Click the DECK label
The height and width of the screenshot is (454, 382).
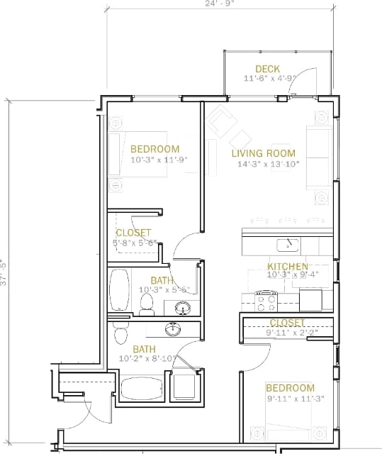point(267,69)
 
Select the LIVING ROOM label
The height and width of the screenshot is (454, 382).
point(263,153)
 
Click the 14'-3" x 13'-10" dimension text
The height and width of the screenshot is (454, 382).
point(268,165)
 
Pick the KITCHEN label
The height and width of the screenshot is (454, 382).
point(287,267)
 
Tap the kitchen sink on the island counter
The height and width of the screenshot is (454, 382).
point(287,245)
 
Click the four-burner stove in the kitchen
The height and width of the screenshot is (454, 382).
point(266,303)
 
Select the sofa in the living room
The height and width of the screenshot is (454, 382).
point(318,157)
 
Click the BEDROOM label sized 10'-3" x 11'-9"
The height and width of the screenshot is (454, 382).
point(155,149)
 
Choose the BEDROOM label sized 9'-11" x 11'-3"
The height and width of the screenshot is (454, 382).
point(290,388)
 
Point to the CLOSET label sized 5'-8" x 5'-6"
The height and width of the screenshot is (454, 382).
point(133,233)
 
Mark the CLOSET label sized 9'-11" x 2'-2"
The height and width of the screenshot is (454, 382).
point(287,323)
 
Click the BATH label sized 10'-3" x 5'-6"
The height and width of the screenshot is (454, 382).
point(162,281)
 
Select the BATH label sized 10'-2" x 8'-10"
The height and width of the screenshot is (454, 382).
point(145,349)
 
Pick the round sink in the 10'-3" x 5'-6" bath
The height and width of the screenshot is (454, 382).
point(183,309)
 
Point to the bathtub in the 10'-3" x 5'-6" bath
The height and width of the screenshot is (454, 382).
point(120,289)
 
